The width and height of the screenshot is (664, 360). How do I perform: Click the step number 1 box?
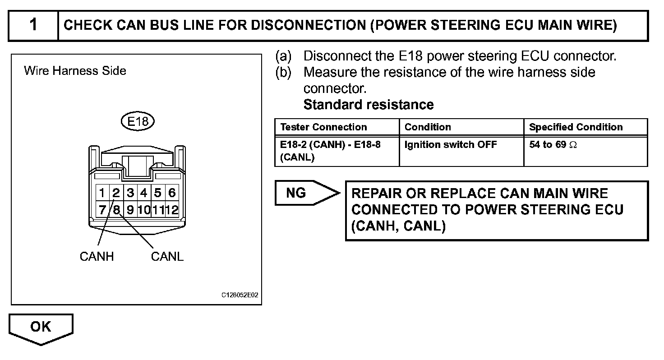click(33, 25)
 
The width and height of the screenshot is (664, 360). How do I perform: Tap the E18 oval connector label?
click(138, 121)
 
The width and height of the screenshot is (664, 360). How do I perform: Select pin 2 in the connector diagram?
click(116, 194)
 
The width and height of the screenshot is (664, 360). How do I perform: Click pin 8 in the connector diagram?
click(116, 210)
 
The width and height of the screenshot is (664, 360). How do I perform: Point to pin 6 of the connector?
click(172, 194)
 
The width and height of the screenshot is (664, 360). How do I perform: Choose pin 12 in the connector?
click(172, 210)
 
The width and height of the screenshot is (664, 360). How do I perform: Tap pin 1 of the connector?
click(102, 194)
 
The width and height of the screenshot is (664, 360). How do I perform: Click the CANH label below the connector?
click(97, 257)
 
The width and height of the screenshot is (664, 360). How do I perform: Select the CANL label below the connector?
click(167, 257)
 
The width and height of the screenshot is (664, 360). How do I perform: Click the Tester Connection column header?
click(323, 127)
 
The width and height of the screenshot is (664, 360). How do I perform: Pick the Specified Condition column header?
click(576, 127)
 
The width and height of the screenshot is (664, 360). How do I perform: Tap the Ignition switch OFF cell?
click(451, 145)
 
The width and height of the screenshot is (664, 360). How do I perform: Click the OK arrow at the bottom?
click(41, 327)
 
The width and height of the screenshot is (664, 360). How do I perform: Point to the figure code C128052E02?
click(240, 295)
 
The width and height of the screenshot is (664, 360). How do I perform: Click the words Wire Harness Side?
click(75, 71)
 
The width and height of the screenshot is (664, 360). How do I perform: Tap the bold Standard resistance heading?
click(368, 105)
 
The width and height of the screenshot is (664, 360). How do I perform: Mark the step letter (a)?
click(283, 56)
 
